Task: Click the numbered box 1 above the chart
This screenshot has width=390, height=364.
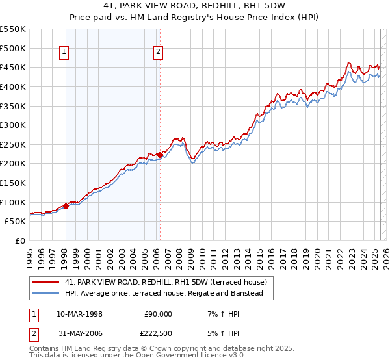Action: pos(65,53)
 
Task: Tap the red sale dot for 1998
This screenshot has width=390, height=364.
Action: pos(66,206)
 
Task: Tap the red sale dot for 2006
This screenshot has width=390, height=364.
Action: pos(160,155)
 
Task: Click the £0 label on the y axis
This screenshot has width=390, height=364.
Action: pos(20,241)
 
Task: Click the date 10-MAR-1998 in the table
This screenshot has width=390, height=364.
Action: pos(80,314)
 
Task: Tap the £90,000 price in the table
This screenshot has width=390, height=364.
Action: pos(157,314)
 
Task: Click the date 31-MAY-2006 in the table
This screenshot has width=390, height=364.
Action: pos(80,335)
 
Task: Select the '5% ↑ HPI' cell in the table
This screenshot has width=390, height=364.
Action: pos(222,335)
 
